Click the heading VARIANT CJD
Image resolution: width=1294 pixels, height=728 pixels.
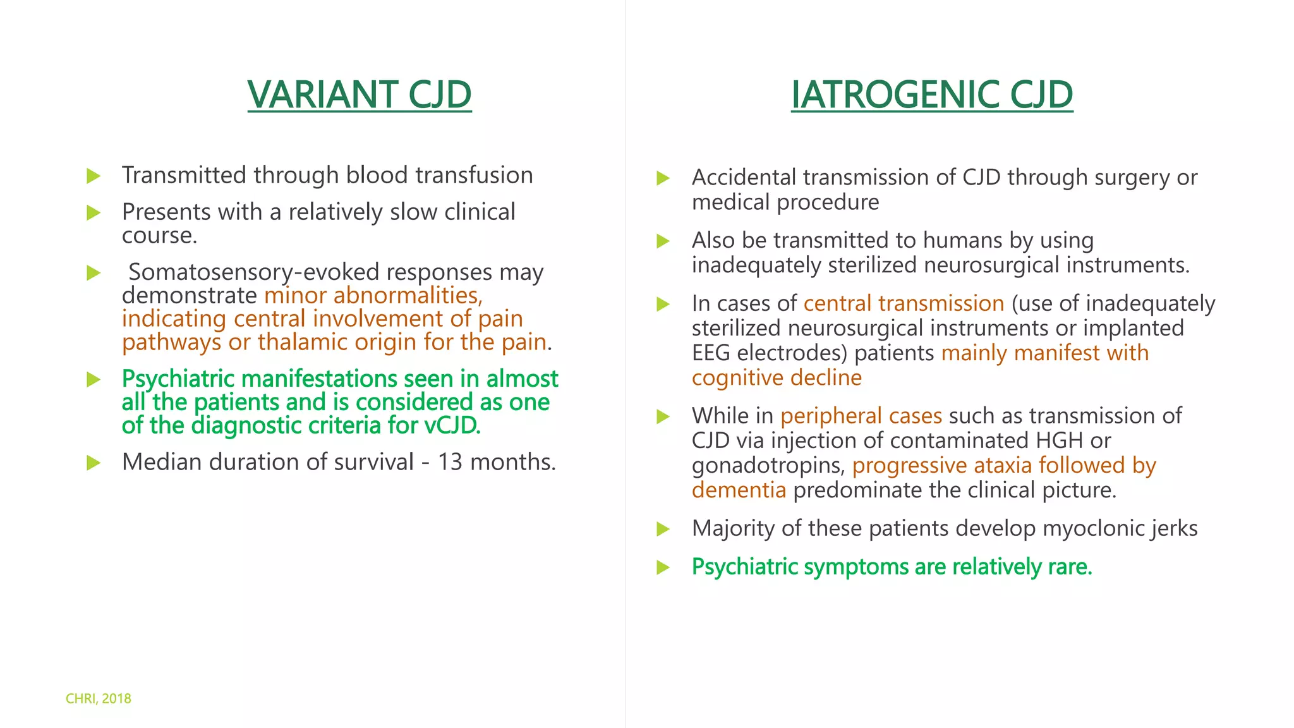pos(359,95)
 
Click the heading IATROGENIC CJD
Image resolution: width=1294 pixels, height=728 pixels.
pos(931,95)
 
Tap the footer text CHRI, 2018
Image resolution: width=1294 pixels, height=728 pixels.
pos(99,698)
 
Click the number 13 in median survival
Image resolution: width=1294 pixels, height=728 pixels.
pos(450,462)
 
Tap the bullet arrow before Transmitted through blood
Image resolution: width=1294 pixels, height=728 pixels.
pos(94,176)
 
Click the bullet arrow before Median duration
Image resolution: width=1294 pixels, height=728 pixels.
pos(94,463)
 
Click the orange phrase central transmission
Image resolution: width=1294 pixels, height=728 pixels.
pos(904,304)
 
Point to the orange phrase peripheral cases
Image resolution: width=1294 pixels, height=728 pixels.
pos(861,416)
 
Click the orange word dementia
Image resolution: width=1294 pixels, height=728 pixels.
pos(739,490)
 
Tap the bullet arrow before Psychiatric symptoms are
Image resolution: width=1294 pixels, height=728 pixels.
pos(663,567)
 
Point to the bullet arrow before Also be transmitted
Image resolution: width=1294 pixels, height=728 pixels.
pos(663,241)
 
